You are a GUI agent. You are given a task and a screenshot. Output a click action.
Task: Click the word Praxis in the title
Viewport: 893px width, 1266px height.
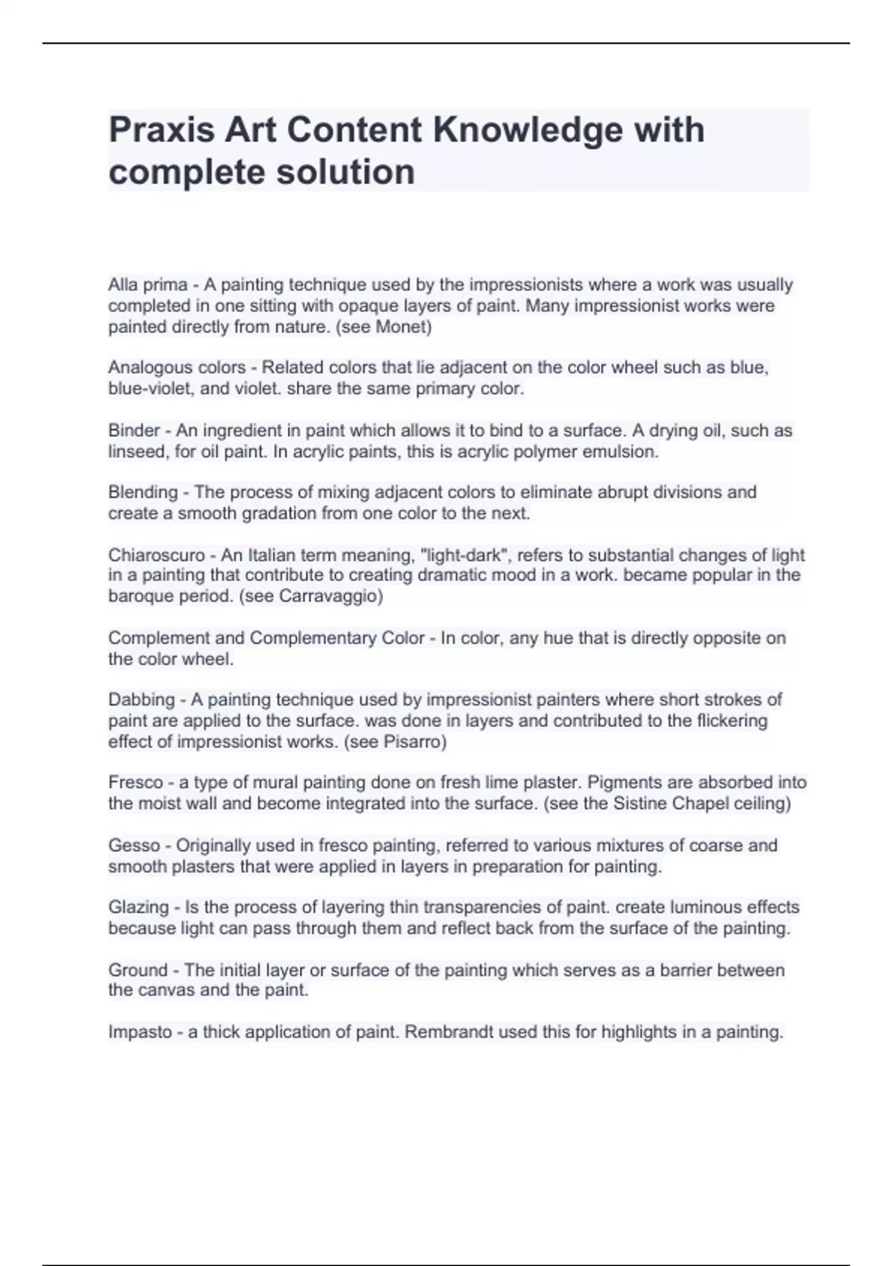(160, 130)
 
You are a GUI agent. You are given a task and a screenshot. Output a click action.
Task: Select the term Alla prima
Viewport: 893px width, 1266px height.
(147, 284)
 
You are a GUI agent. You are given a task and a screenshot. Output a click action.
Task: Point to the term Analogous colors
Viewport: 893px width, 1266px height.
(176, 367)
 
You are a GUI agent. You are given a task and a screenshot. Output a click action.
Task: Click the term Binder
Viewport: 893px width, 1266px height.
(134, 430)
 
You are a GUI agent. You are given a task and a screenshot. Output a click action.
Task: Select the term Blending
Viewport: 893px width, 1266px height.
(143, 492)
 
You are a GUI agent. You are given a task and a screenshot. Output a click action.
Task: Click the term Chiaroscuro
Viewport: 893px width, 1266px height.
(156, 555)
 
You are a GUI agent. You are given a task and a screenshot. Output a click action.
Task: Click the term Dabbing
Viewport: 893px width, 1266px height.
(141, 699)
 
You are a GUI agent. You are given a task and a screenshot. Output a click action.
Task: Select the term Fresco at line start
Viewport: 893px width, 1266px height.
(135, 782)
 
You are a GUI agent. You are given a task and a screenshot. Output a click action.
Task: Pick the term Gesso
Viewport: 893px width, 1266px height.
(134, 845)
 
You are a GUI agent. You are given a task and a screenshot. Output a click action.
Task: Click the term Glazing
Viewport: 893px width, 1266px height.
(138, 907)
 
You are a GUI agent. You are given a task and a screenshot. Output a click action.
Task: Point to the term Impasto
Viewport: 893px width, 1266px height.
(140, 1032)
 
